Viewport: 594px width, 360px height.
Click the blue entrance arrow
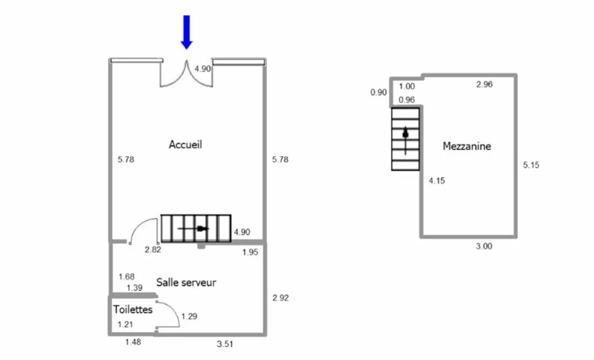[187, 31]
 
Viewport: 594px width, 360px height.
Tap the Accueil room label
[186, 145]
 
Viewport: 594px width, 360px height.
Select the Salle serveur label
[186, 282]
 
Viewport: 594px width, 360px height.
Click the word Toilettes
[132, 310]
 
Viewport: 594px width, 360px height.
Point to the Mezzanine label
[467, 146]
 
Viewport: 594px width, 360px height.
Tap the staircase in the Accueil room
[196, 228]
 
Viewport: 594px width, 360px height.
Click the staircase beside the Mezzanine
[405, 138]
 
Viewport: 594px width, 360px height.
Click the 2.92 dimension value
[280, 298]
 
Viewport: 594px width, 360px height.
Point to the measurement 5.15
[532, 165]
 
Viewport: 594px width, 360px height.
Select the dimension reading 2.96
[484, 85]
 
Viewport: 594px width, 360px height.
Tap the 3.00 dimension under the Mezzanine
[484, 247]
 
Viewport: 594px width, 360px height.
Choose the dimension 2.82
[152, 250]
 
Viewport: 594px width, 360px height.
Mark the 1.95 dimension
[250, 252]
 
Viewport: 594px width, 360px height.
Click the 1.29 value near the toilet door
[190, 316]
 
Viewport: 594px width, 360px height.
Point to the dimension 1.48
[133, 342]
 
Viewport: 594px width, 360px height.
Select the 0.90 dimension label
[378, 92]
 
